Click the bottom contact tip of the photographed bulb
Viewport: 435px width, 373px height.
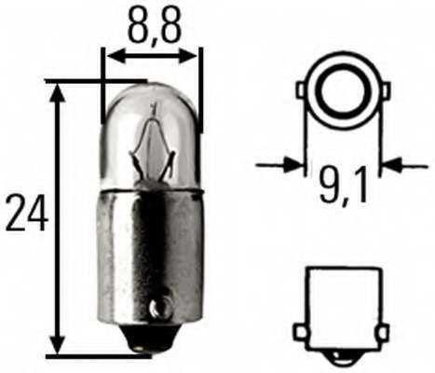pyautogui.click(x=145, y=348)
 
